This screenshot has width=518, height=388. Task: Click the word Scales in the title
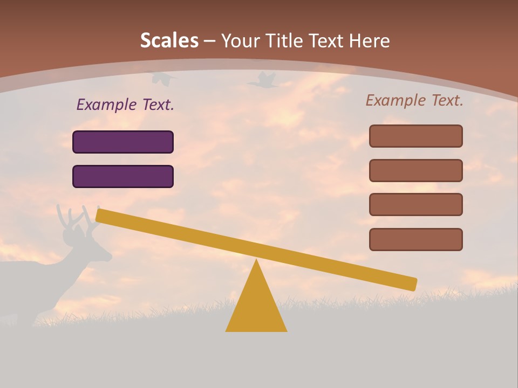coord(169,40)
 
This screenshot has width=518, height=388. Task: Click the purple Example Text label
coord(125,105)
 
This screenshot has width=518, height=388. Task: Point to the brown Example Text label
coord(414,100)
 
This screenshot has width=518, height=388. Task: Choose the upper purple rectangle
coord(123,142)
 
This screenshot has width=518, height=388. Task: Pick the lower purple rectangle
coord(123,176)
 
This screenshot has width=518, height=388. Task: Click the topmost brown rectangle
coord(415,136)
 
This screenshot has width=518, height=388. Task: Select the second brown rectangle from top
coord(415,170)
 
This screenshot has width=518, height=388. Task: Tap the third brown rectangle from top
coord(415,205)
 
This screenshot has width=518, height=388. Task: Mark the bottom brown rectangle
coord(415,239)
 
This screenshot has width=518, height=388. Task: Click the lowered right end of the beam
coord(410,283)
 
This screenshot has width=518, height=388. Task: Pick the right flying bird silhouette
coord(263,81)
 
